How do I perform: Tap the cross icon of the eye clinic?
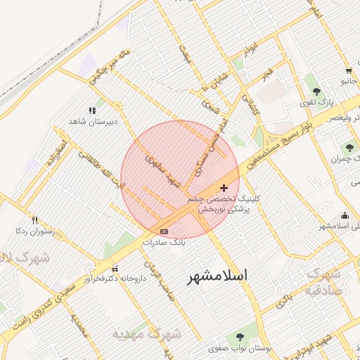click(x=224, y=188)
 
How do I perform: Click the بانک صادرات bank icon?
click(x=165, y=231)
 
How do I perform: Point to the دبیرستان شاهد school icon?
click(x=91, y=110)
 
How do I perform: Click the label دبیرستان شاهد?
click(x=91, y=122)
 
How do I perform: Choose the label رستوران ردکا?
click(x=31, y=231)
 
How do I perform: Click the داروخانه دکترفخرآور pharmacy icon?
click(x=115, y=268)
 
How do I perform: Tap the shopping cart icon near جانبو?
click(x=349, y=70)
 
